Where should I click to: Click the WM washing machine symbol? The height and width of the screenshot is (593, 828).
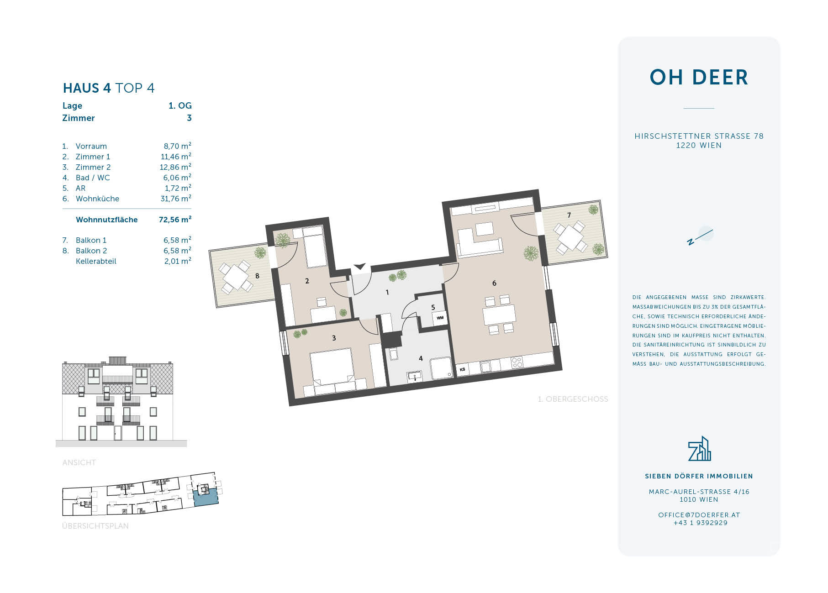point(440,318)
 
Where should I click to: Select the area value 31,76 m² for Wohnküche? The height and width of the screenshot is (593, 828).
point(175,199)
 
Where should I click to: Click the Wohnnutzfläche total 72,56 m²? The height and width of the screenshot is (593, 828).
point(175,220)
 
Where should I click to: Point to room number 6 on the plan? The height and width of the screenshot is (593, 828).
point(494,283)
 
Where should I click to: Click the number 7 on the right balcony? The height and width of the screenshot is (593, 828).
point(569,215)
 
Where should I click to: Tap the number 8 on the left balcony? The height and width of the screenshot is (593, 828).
point(258,276)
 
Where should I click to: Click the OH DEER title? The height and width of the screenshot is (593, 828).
point(699,78)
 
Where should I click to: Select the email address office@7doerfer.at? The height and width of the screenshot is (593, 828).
point(699,515)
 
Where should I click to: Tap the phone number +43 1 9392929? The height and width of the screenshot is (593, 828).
point(700,523)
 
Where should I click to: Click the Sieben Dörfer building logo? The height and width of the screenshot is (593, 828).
point(699,449)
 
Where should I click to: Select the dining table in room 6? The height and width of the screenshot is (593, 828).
point(499,315)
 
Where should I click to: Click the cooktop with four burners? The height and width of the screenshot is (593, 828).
point(517,363)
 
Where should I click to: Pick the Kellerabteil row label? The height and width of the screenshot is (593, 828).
point(96,262)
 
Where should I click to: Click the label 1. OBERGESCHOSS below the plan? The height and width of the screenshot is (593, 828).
point(573,399)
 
